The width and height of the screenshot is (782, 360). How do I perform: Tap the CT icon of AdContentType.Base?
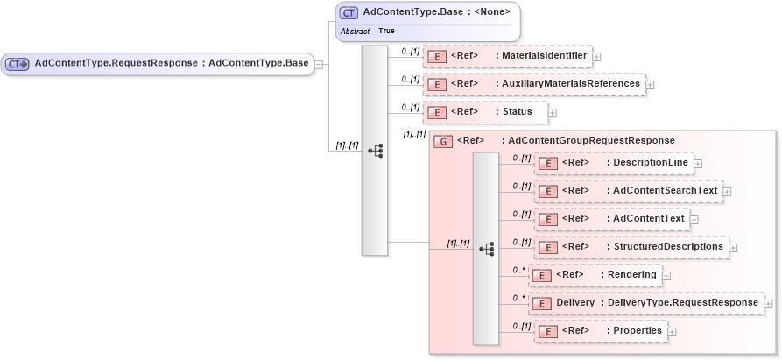349,12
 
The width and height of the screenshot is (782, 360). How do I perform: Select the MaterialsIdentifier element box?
507,57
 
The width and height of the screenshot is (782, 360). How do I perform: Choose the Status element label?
517,112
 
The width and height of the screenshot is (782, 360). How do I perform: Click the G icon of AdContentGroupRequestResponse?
444,141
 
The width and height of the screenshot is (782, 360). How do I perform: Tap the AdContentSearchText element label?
665,191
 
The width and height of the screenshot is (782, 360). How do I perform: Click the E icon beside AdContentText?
547,219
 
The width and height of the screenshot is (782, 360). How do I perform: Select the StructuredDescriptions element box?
631,247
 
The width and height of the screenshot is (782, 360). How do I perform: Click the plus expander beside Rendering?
666,276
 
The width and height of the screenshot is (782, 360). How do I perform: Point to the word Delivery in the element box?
574,303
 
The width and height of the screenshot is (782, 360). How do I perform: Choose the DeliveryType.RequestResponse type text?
683,303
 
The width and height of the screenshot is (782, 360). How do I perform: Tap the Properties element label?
637,331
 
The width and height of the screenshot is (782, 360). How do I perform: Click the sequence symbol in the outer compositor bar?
375,151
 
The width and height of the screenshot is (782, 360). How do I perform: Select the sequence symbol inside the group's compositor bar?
486,249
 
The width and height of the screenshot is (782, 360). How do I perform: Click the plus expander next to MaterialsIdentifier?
596,57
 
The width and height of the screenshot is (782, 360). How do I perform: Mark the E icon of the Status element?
436,113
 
